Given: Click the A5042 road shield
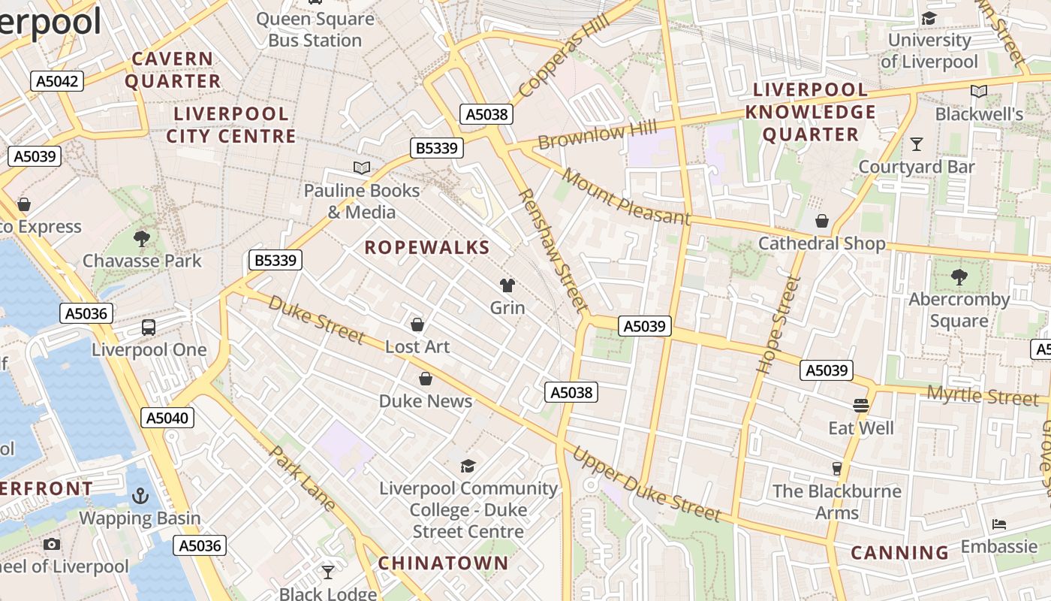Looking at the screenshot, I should pyautogui.click(x=56, y=81).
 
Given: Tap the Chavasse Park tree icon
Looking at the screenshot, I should pyautogui.click(x=141, y=239).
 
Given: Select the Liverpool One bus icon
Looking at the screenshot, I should pyautogui.click(x=149, y=328).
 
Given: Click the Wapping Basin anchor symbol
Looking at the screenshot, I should pyautogui.click(x=140, y=496).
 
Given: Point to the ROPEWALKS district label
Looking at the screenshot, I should pyautogui.click(x=426, y=247).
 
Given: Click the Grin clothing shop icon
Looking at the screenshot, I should pyautogui.click(x=507, y=285).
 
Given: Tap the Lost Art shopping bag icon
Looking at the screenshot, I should pyautogui.click(x=417, y=325).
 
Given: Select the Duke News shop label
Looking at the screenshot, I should pyautogui.click(x=426, y=400).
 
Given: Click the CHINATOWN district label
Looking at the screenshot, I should pyautogui.click(x=443, y=563).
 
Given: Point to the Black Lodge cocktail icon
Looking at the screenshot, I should pyautogui.click(x=328, y=572).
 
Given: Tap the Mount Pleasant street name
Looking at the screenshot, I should pyautogui.click(x=625, y=197).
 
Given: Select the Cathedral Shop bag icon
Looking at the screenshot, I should pyautogui.click(x=822, y=221).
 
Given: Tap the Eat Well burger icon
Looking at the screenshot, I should pyautogui.click(x=861, y=406).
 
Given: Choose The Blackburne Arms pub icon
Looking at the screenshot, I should pyautogui.click(x=837, y=469).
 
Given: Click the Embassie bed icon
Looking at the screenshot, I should pyautogui.click(x=998, y=524).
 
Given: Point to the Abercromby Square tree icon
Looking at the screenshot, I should pyautogui.click(x=959, y=276).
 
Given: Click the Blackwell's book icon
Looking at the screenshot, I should pyautogui.click(x=978, y=92).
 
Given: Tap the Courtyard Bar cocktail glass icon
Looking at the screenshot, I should pyautogui.click(x=916, y=143).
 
